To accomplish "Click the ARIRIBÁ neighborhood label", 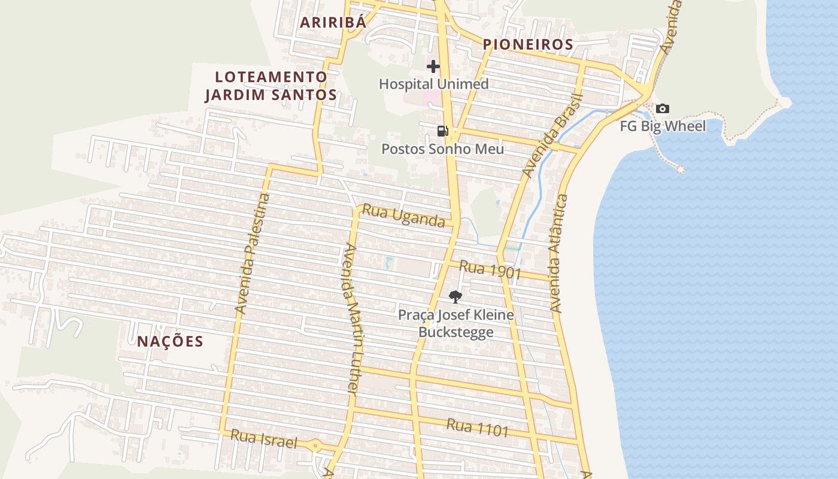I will click(x=332, y=23).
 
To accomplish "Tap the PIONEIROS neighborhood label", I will click(x=528, y=44).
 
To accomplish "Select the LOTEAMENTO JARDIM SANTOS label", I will click(x=271, y=86).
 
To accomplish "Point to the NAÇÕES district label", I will click(x=170, y=342).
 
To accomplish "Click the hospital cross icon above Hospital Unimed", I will click(x=433, y=66).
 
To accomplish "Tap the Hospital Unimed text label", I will click(x=434, y=84).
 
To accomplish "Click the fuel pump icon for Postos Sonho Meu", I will click(x=442, y=131).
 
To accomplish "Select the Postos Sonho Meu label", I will click(x=443, y=148).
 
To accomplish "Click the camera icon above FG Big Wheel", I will click(x=662, y=108).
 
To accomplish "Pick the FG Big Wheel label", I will click(x=662, y=126).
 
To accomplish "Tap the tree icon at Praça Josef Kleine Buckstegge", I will click(x=456, y=296).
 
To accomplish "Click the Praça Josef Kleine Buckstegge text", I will click(x=456, y=323).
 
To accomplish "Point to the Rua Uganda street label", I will click(x=404, y=217).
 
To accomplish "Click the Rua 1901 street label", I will click(x=490, y=270).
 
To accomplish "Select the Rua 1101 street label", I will click(x=478, y=428).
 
